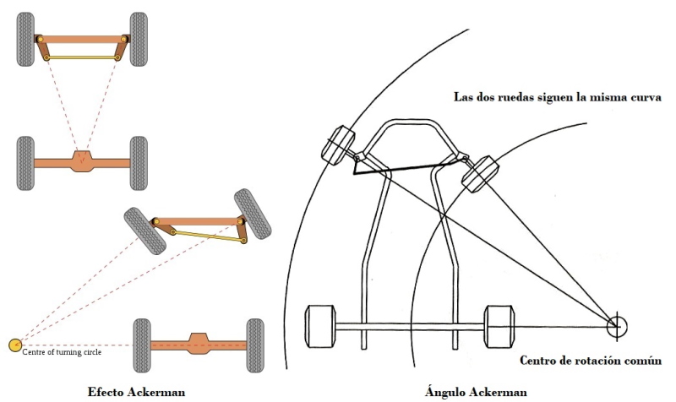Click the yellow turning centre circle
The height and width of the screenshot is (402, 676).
coord(14,344)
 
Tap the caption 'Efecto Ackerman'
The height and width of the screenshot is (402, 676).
coord(136,392)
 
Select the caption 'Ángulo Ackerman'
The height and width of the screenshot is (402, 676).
coord(477,392)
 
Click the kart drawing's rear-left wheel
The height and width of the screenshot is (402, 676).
coord(319,324)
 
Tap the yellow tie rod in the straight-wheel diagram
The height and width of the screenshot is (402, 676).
coord(81,57)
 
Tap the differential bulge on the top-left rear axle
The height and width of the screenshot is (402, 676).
coord(82,159)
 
